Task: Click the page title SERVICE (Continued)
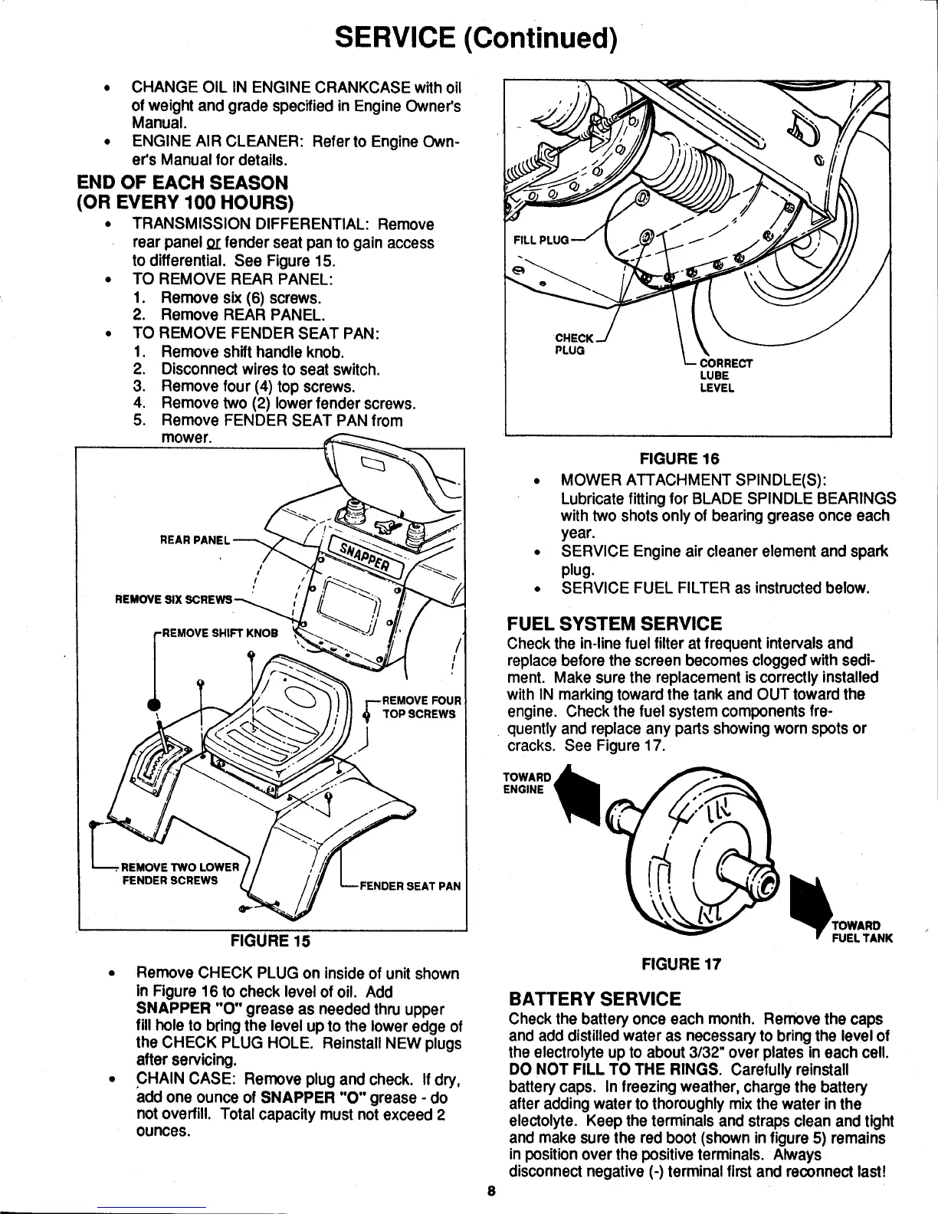tap(470, 37)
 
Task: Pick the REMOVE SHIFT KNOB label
tap(215, 634)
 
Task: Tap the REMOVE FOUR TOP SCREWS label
tap(420, 707)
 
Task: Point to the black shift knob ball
tap(154, 706)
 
